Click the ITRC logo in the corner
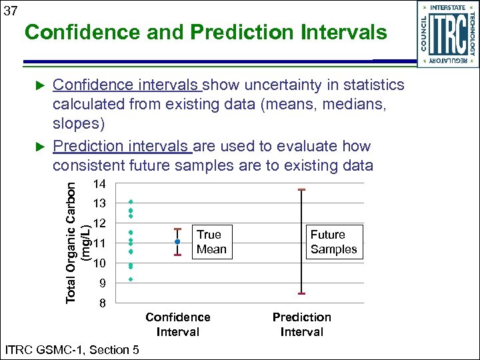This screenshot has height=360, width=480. point(447,34)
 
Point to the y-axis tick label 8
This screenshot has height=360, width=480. point(101,304)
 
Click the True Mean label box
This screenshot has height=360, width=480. point(211,242)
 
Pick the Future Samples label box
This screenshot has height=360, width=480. point(333,242)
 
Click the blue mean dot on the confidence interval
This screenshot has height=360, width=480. point(177,241)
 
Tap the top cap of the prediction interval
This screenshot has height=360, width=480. point(302,190)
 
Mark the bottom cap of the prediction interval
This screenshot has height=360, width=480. point(302,293)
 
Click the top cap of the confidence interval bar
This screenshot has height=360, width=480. point(177,229)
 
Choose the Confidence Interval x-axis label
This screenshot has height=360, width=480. point(177,325)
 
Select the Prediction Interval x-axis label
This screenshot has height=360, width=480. point(301,325)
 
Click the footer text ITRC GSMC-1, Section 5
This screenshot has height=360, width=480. point(71,349)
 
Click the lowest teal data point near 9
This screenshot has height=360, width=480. point(131,279)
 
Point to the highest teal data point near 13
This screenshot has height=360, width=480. point(131,201)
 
